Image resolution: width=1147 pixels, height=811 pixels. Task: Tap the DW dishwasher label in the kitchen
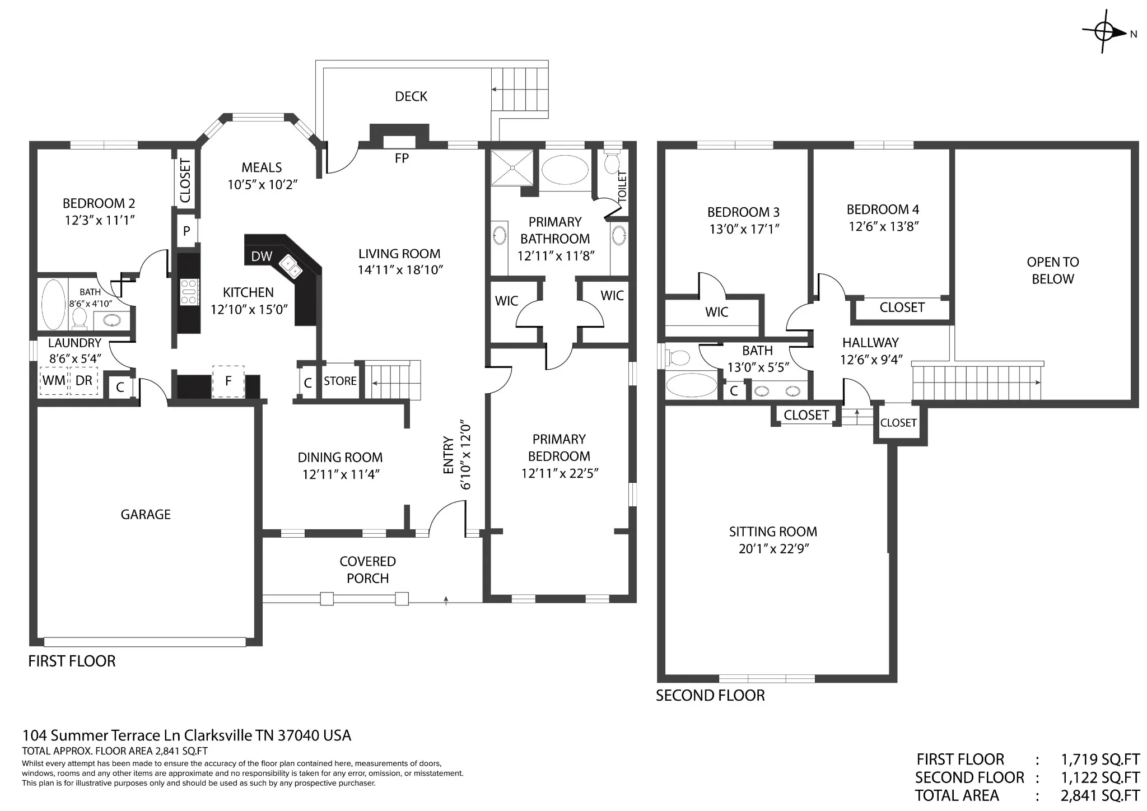pos(262,257)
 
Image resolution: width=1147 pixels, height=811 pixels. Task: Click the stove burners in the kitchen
pos(189,292)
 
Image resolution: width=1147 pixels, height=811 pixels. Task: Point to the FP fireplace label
pos(402,159)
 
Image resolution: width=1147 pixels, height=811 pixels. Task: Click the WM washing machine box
pos(54,381)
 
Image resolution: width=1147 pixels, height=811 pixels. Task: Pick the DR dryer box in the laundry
pos(83,381)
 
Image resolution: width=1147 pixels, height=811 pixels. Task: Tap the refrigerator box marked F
pos(228,381)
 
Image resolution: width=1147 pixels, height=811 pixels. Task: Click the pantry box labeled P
pos(186,231)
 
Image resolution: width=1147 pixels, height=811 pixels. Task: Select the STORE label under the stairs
pos(340,381)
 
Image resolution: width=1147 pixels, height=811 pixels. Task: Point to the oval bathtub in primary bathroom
pos(565,170)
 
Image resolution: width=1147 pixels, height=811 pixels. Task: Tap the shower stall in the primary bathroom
pos(513,167)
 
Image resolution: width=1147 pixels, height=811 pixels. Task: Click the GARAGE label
pos(146,514)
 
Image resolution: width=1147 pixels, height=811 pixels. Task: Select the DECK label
pos(411,96)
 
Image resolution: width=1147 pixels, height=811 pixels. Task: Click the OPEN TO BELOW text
pos(1053,271)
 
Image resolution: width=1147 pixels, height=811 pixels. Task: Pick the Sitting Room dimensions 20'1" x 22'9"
pos(773,549)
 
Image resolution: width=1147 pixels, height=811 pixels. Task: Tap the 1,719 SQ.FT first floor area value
pos(1101,759)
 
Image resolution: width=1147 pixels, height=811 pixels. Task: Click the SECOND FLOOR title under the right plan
pos(710,696)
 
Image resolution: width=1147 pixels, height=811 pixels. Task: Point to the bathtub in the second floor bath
pos(692,385)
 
